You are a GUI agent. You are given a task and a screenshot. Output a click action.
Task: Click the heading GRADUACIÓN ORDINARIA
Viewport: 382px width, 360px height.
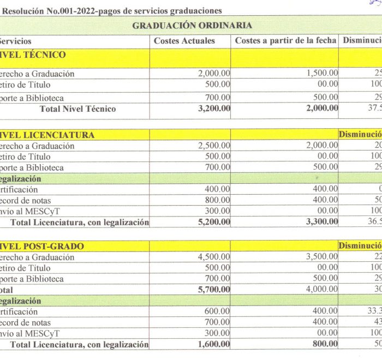click(x=192, y=25)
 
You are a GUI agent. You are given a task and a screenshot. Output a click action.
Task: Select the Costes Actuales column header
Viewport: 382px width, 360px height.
click(x=184, y=41)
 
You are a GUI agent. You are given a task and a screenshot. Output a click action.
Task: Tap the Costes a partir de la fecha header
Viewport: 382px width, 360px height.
click(x=285, y=41)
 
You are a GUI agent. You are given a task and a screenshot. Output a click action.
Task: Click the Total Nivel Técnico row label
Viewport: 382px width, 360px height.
click(x=77, y=109)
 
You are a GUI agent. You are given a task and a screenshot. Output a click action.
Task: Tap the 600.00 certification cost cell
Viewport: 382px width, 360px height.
click(x=218, y=311)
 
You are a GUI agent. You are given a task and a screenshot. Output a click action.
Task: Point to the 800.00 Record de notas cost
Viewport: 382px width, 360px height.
click(x=218, y=200)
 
